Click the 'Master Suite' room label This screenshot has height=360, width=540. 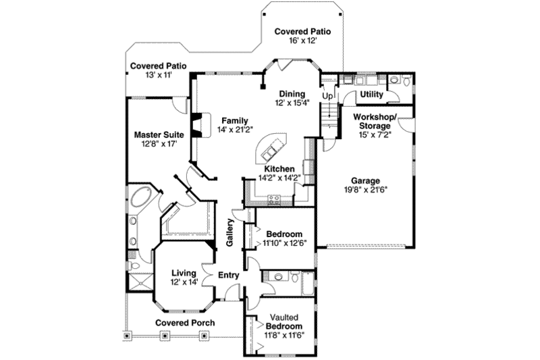(x=159, y=134)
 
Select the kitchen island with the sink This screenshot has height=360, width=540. (x=271, y=148)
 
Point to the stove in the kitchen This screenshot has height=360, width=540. (x=274, y=199)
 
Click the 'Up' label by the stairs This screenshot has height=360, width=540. (x=327, y=96)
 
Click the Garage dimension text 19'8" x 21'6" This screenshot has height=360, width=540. (x=365, y=190)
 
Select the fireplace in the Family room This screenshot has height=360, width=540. (x=196, y=126)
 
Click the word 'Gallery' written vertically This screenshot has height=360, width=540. (x=230, y=232)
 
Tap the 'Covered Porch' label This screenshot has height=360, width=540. (x=185, y=323)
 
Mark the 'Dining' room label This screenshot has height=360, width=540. (x=291, y=94)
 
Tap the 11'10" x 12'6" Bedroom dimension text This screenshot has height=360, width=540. (x=283, y=243)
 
